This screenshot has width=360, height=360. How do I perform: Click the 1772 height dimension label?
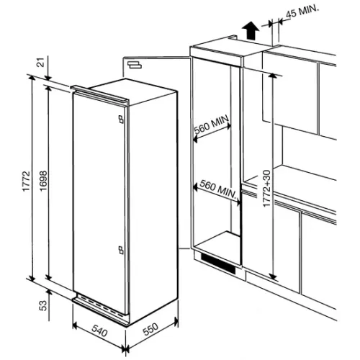(26, 181)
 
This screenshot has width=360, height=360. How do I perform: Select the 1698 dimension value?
(43, 181)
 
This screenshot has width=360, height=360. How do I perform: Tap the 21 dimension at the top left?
(42, 63)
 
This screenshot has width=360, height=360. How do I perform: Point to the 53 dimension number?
(43, 305)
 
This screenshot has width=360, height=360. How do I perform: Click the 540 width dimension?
(99, 331)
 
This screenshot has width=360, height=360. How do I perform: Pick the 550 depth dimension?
(150, 329)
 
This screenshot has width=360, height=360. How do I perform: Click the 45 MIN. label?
(302, 12)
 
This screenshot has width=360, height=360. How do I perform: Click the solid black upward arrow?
(251, 30)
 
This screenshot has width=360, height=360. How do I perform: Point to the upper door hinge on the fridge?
(121, 120)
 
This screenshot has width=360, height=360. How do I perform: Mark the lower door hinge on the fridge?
(121, 250)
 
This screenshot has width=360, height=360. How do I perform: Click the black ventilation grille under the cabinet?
(218, 264)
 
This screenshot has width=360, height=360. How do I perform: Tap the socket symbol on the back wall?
(135, 65)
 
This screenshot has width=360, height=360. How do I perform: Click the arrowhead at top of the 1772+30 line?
(272, 76)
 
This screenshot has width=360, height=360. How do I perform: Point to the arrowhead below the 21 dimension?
(48, 78)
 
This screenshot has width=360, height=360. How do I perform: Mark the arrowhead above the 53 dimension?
(49, 292)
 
